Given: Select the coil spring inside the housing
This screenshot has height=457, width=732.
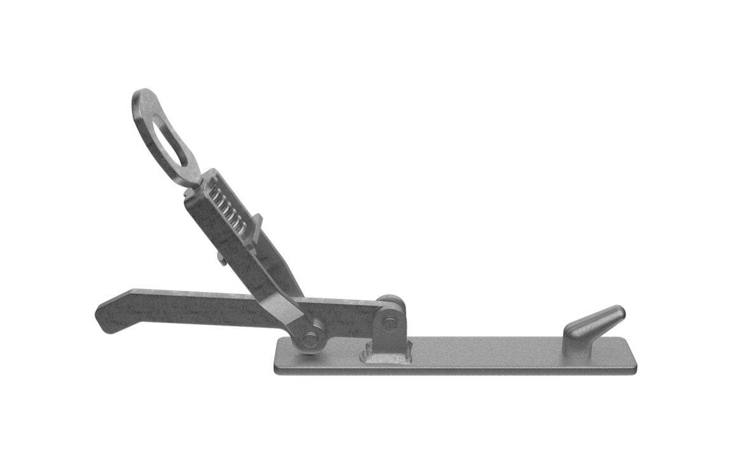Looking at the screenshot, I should click(228, 210).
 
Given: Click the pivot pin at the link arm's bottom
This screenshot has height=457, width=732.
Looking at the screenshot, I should click(310, 340).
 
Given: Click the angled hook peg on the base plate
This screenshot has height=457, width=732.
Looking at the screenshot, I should click(592, 324).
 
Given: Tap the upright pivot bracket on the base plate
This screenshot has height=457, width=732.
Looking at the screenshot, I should click(389, 330).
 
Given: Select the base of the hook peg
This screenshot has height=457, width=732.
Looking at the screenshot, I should click(578, 346).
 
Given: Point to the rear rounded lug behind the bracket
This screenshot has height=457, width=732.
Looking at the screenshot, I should click(390, 301).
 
